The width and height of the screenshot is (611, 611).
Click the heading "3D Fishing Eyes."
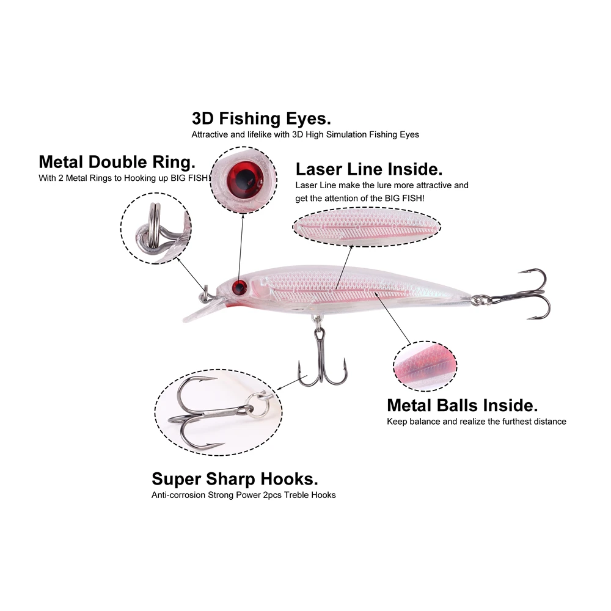[x=262, y=117]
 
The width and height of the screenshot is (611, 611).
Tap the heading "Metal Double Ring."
[x=117, y=162]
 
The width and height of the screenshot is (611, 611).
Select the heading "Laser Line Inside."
[x=369, y=169]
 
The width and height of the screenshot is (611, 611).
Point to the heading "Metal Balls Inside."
[x=463, y=405]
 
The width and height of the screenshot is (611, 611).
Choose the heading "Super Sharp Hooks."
[x=235, y=478]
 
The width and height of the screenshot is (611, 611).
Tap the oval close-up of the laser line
[x=367, y=225]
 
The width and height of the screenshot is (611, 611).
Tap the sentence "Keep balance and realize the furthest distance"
[x=477, y=422]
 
